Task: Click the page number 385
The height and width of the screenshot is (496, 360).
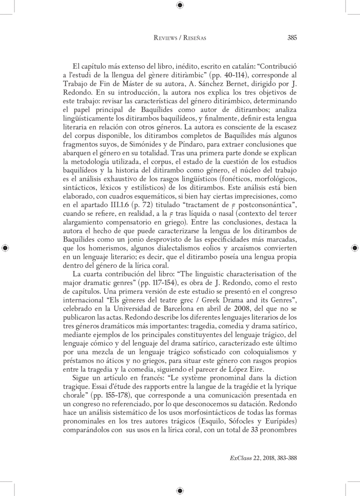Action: [x=291, y=38]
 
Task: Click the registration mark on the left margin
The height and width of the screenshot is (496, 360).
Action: [x=5, y=248]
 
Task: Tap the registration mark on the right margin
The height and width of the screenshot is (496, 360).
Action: [x=355, y=248]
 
